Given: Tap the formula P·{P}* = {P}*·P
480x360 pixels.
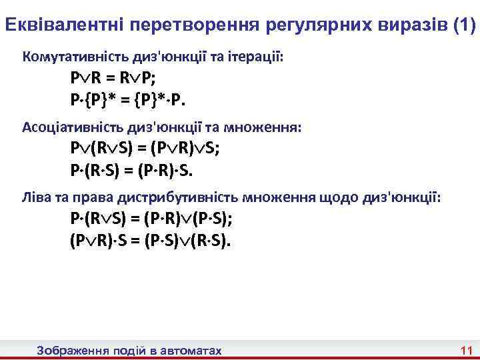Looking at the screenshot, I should click(x=129, y=101).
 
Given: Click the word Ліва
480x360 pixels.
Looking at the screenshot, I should click(x=36, y=197).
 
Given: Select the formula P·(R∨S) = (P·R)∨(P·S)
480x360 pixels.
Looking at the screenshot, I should click(x=155, y=219).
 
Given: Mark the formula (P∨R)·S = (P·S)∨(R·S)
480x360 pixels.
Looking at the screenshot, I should click(x=152, y=240).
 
